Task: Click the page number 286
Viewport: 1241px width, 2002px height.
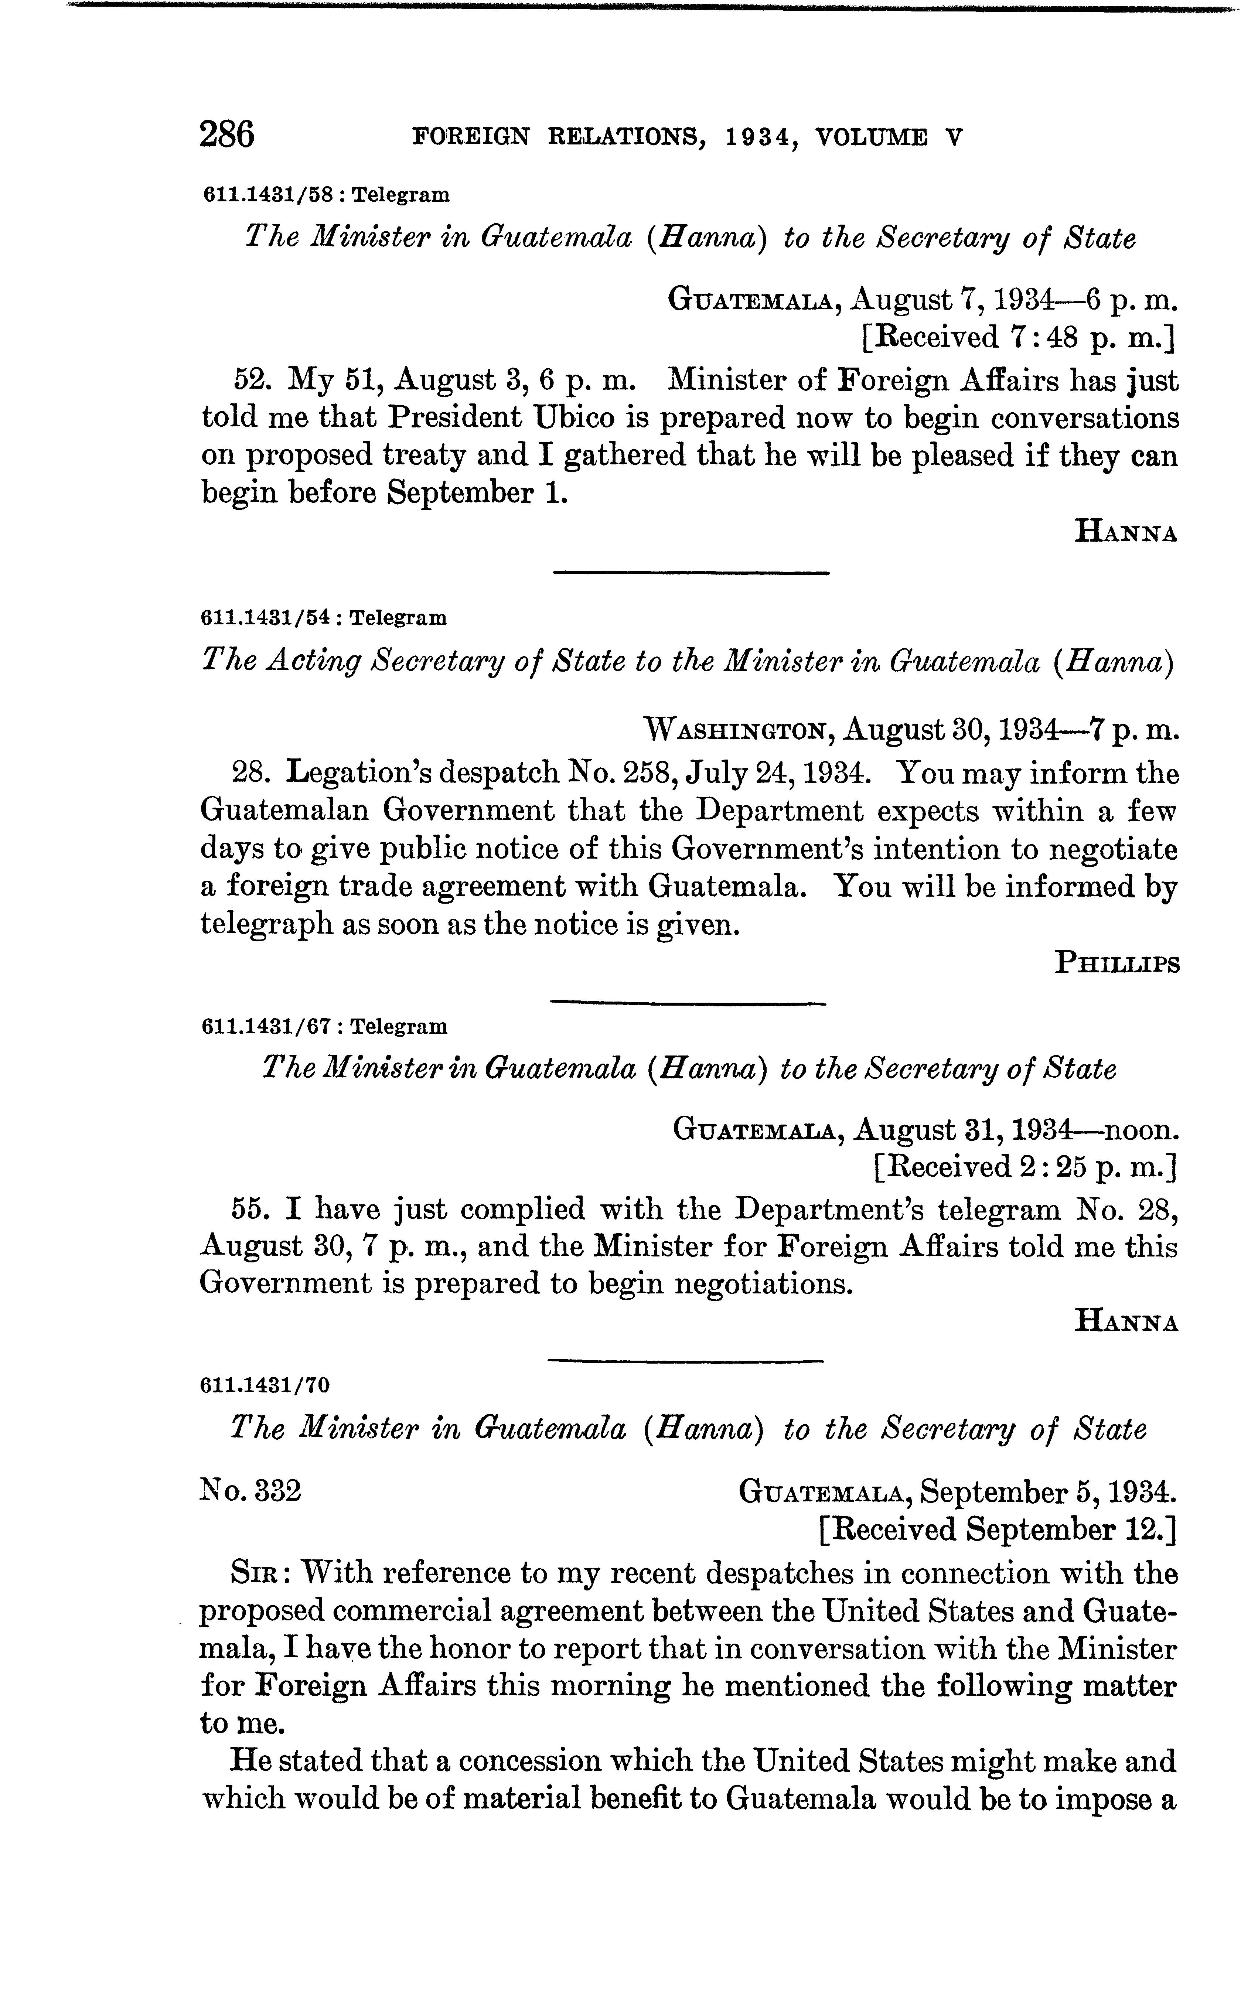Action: point(226,134)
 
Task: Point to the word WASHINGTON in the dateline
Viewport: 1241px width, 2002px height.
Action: point(739,729)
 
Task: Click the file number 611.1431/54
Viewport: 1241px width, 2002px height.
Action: point(266,618)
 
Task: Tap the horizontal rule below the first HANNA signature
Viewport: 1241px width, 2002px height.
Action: point(691,573)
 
